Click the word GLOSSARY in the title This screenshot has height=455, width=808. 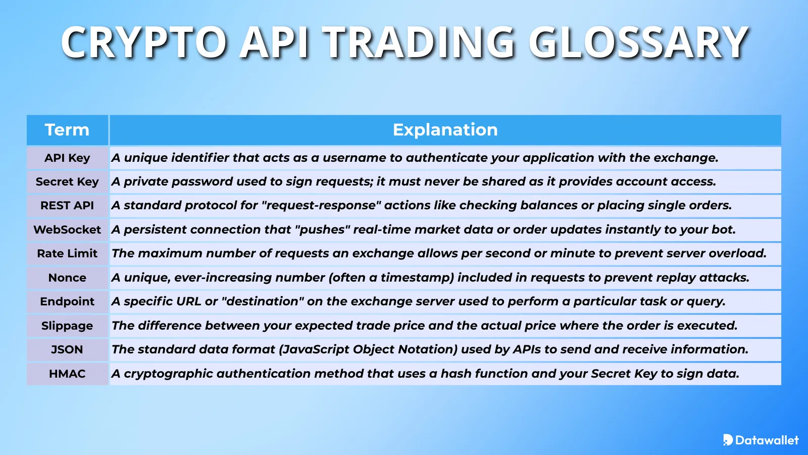638,42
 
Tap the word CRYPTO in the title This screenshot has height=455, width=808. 144,42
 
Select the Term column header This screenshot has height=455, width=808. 67,130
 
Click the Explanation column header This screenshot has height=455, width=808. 445,130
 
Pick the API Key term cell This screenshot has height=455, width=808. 67,158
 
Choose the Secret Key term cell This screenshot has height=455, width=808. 67,181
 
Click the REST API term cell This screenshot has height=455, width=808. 67,206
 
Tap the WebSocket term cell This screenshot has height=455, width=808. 67,230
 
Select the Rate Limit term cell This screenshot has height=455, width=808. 67,253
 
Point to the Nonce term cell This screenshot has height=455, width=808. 67,278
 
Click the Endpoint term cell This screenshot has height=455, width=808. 67,301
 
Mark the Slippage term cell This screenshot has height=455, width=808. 67,326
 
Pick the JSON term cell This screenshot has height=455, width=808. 67,349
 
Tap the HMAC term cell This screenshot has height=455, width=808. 67,374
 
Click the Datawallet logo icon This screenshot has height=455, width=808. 728,440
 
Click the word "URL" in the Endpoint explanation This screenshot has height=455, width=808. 188,301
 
